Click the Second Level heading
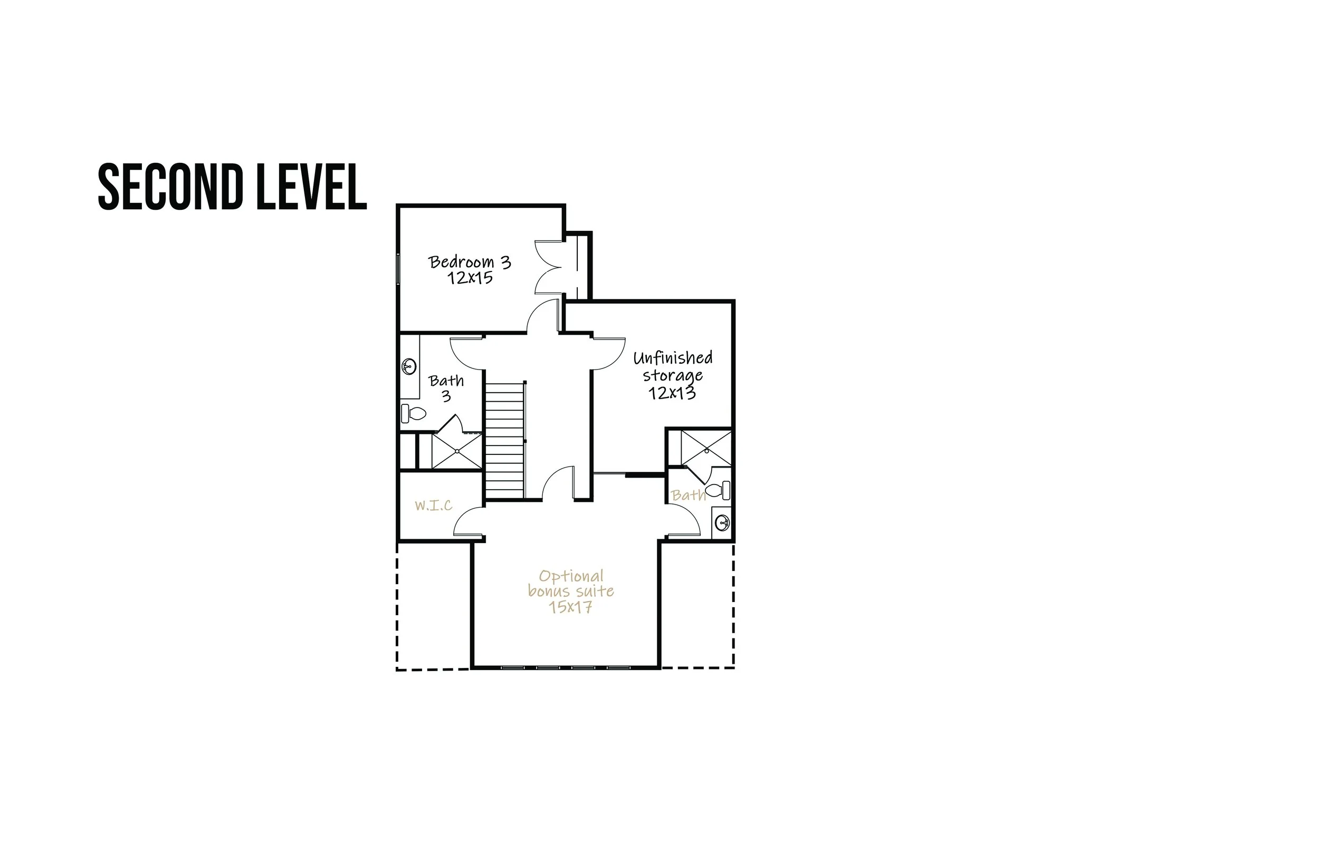(x=232, y=187)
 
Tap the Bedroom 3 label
(x=470, y=262)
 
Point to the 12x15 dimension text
(x=470, y=278)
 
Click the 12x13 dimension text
(x=672, y=393)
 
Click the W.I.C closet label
(x=433, y=505)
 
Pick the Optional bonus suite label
(x=571, y=583)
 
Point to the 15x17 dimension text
(x=571, y=607)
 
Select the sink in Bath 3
(x=409, y=366)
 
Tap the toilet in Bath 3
(x=414, y=414)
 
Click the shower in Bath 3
(x=457, y=451)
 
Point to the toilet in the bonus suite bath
(x=718, y=490)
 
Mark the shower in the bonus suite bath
(x=706, y=448)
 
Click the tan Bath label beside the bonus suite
(x=689, y=495)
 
